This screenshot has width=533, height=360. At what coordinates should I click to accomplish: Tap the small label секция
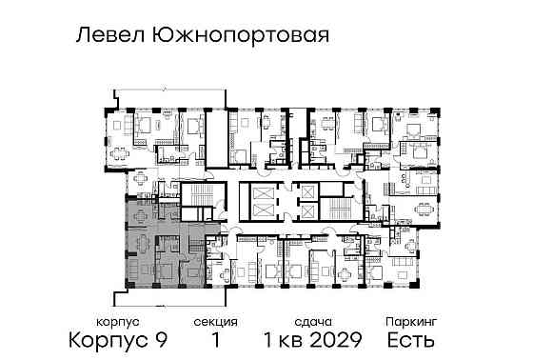tap(214, 322)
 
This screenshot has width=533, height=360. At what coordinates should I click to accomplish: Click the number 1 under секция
tap(214, 340)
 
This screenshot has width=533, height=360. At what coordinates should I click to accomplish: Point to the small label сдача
tap(312, 322)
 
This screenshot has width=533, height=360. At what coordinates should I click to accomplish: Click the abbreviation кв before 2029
tap(290, 340)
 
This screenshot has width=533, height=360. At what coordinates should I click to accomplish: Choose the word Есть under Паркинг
tap(410, 340)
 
